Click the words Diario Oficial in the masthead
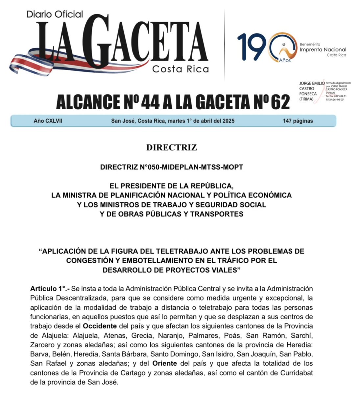pyautogui.click(x=55, y=14)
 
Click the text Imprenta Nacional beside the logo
pyautogui.click(x=323, y=50)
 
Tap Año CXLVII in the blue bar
pyautogui.click(x=48, y=121)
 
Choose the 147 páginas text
pyautogui.click(x=298, y=121)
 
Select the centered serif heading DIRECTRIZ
pyautogui.click(x=172, y=147)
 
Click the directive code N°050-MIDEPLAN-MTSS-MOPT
pyautogui.click(x=172, y=167)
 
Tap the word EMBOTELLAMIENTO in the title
pyautogui.click(x=150, y=261)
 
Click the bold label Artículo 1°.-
pyautogui.click(x=50, y=289)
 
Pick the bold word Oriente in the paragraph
pyautogui.click(x=165, y=364)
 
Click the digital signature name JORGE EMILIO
pyautogui.click(x=312, y=84)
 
